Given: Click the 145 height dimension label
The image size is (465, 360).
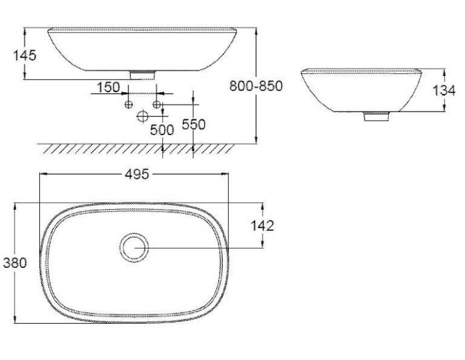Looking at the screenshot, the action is tap(25, 56).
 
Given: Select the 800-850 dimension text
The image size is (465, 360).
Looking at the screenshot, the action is tap(256, 86).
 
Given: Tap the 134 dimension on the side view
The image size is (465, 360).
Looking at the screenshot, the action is tap(444, 90).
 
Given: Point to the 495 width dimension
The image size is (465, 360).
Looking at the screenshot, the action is tap(137, 174).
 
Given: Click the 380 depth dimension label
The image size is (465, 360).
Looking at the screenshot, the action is tap(15, 262).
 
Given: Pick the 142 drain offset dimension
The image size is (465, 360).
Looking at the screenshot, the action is tap(262, 226).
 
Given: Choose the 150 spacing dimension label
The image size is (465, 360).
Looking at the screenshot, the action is tap(108, 87).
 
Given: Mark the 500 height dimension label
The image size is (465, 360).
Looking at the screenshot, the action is tap(162, 130).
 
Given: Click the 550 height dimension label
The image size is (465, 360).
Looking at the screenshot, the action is tap(193, 124).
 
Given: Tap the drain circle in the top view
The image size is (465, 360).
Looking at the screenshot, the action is tap(134, 233).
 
